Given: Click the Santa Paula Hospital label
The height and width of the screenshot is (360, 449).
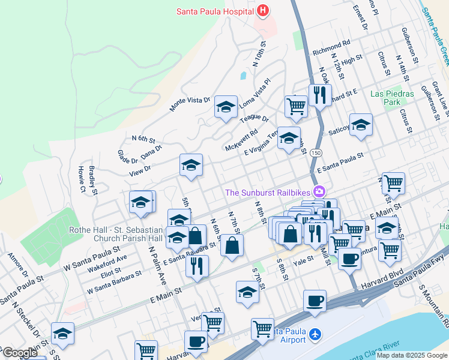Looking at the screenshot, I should [x=215, y=10].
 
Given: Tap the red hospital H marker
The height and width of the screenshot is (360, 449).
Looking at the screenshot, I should [x=262, y=10].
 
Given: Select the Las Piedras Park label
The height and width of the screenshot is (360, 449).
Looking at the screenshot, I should [x=392, y=98].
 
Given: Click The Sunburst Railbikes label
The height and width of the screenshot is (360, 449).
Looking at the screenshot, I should [x=268, y=192].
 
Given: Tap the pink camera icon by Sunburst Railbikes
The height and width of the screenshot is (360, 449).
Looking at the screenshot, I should [x=319, y=191].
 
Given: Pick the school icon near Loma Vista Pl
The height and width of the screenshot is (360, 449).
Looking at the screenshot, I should [x=226, y=107].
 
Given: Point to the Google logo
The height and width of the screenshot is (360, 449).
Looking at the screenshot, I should [x=20, y=352].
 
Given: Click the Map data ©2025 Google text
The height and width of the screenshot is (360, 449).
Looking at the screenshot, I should [x=412, y=355].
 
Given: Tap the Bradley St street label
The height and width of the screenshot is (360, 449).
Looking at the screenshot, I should [x=93, y=179].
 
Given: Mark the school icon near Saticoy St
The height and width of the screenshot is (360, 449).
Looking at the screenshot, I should [x=361, y=125].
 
